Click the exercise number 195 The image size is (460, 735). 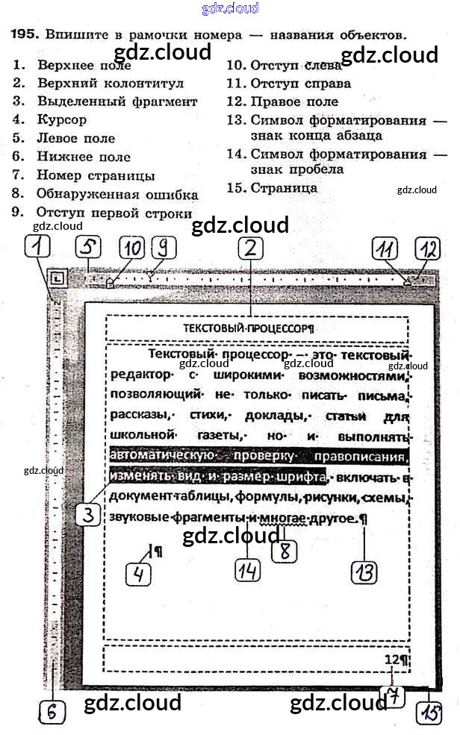click(25, 34)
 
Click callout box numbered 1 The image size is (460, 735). click(37, 246)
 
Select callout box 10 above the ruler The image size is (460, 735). click(131, 248)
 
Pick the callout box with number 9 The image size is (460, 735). click(164, 248)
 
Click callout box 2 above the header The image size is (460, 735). click(252, 248)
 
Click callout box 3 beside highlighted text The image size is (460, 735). click(88, 515)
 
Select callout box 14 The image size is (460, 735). click(248, 570)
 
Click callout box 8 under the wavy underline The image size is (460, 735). click(285, 551)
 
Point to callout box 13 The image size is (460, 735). click(364, 572)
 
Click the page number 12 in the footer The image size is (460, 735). click(392, 659)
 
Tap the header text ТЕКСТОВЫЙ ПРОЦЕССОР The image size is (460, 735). click(248, 328)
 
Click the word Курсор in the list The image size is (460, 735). click(62, 119)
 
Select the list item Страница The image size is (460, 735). click(284, 188)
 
